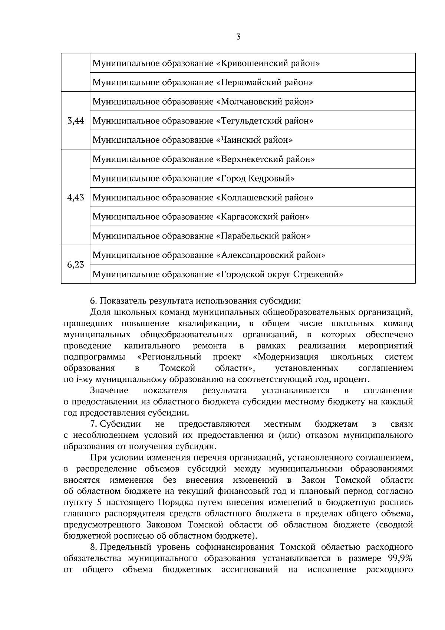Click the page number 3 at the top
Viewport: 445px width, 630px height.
click(238, 37)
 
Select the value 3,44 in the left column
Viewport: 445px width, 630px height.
click(76, 121)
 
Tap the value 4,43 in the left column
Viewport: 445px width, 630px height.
click(76, 197)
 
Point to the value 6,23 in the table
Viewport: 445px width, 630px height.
click(76, 265)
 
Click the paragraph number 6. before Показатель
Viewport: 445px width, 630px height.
click(94, 301)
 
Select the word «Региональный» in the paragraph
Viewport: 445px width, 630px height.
click(169, 357)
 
